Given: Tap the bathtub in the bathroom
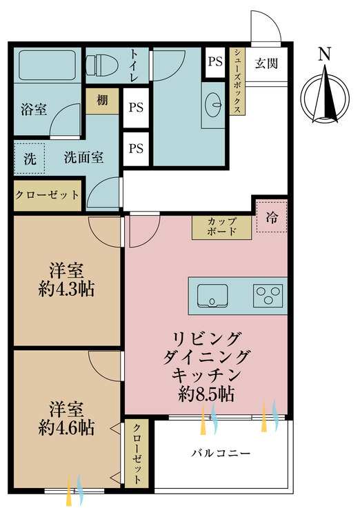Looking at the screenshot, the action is click(47, 65).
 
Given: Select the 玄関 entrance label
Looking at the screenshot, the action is click(266, 63).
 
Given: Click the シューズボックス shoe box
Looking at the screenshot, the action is click(237, 81).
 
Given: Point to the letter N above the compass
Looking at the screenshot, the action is click(324, 54).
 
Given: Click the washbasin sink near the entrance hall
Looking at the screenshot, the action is click(213, 105).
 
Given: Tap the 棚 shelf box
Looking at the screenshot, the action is click(102, 101).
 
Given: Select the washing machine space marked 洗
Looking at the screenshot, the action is click(30, 159).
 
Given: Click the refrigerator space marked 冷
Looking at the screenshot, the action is click(272, 217).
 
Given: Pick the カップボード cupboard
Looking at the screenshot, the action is click(222, 227).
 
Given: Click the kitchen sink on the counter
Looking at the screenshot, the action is click(212, 296).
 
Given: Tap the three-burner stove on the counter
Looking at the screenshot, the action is click(268, 296).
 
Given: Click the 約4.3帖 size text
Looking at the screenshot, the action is click(66, 289).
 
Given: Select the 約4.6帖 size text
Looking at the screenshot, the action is click(66, 427).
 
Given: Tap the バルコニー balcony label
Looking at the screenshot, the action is click(221, 454).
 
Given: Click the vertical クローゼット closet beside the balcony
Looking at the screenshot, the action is click(137, 454).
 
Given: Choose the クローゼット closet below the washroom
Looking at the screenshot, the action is click(47, 195).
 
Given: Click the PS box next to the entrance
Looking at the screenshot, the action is click(215, 61).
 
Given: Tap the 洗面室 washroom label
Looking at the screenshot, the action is click(83, 157).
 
